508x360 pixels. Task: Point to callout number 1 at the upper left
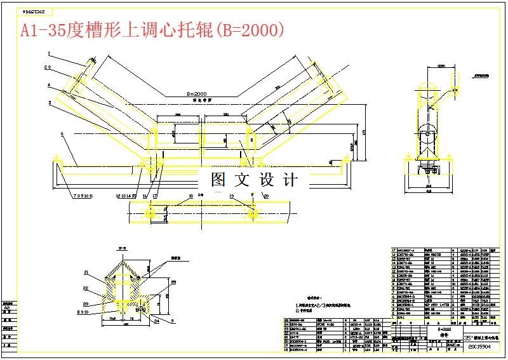tap(48, 56)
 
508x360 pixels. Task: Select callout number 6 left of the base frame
tap(62, 134)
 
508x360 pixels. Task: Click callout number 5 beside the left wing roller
tap(48, 102)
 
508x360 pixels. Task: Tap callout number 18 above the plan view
tap(190, 196)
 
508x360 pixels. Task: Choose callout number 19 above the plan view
tap(232, 196)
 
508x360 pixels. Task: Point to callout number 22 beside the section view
tap(85, 287)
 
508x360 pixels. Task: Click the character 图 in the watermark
tap(218, 180)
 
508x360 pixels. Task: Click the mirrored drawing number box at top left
tap(32, 11)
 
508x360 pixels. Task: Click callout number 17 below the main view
tap(154, 196)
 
